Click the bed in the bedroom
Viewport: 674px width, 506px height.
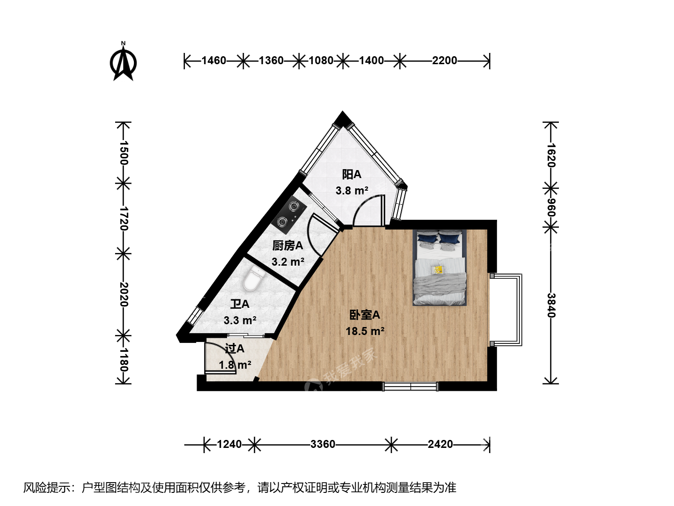click(x=440, y=267)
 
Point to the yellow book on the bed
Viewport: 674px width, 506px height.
click(x=438, y=269)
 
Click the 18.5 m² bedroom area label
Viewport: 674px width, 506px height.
click(x=365, y=331)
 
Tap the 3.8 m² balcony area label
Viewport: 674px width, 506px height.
click(x=352, y=191)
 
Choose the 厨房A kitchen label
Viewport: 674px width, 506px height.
click(x=288, y=246)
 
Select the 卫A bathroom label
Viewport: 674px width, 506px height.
click(x=240, y=304)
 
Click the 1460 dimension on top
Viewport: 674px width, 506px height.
click(x=214, y=60)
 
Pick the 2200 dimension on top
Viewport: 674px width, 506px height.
click(x=444, y=60)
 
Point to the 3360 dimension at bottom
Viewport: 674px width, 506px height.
click(x=322, y=444)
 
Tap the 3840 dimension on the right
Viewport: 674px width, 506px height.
click(x=551, y=305)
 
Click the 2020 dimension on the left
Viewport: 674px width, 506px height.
click(x=124, y=295)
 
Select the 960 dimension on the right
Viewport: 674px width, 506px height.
click(x=551, y=208)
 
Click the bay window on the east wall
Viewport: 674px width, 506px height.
click(x=506, y=310)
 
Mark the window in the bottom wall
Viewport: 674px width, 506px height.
click(x=410, y=387)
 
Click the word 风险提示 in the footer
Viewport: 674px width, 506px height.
click(x=46, y=488)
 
